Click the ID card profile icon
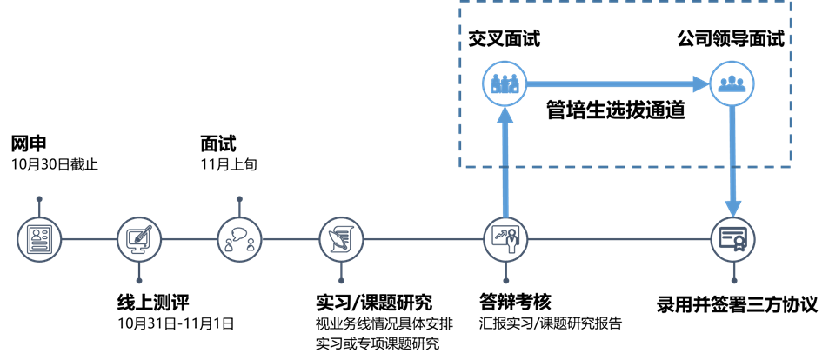[39, 239]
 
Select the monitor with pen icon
[139, 239]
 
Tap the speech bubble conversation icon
[239, 239]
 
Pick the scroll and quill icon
[341, 239]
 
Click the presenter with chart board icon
[505, 239]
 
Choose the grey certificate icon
[733, 239]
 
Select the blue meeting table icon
[505, 83]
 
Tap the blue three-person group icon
[732, 83]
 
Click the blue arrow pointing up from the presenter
[505, 161]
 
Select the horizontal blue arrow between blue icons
[618, 83]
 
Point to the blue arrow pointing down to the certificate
[732, 161]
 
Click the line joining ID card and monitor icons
[89, 239]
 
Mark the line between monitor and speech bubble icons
[189, 239]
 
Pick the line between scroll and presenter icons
[423, 239]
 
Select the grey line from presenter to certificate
[618, 239]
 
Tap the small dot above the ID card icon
[39, 198]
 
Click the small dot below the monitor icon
[139, 281]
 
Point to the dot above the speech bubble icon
[239, 198]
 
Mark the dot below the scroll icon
[341, 281]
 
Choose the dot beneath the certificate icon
[733, 281]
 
